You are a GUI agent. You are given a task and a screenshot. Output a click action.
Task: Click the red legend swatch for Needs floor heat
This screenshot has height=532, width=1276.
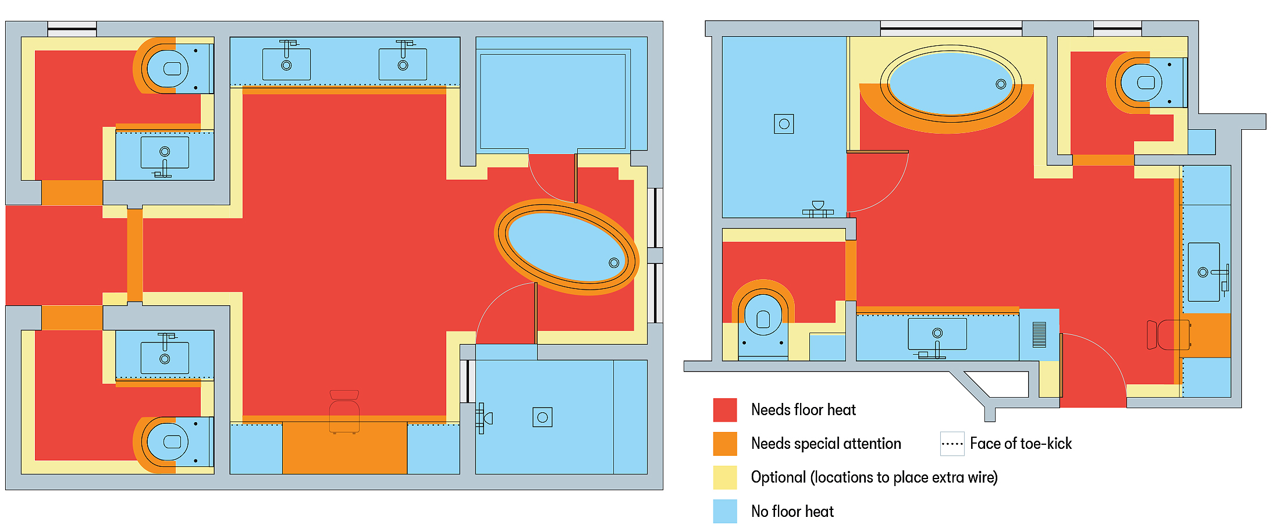(x=725, y=410)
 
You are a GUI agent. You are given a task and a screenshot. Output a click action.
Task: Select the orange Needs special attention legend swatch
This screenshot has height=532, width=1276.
(x=725, y=444)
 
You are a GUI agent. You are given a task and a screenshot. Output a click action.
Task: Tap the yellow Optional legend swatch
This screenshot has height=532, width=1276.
(x=725, y=477)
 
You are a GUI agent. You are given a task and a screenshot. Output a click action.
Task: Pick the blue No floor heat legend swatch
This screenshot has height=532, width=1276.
(x=725, y=511)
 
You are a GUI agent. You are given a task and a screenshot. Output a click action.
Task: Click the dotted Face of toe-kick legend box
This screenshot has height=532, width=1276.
(x=952, y=444)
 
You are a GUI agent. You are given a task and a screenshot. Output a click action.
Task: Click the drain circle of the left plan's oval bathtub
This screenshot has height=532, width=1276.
(x=614, y=263)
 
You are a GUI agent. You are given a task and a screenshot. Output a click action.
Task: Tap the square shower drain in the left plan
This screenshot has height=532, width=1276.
(x=542, y=417)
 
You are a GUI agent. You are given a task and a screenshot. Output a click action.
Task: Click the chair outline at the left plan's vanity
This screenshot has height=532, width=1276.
(x=344, y=412)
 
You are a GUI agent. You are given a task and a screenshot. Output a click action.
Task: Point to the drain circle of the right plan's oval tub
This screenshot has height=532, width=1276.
(x=1001, y=84)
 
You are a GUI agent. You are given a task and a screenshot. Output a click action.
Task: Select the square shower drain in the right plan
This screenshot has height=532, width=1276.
(x=784, y=124)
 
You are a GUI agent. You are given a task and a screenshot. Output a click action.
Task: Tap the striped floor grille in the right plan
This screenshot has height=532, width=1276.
(x=1039, y=335)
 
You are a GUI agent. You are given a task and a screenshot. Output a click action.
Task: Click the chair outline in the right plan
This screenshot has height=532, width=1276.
(x=1168, y=335)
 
